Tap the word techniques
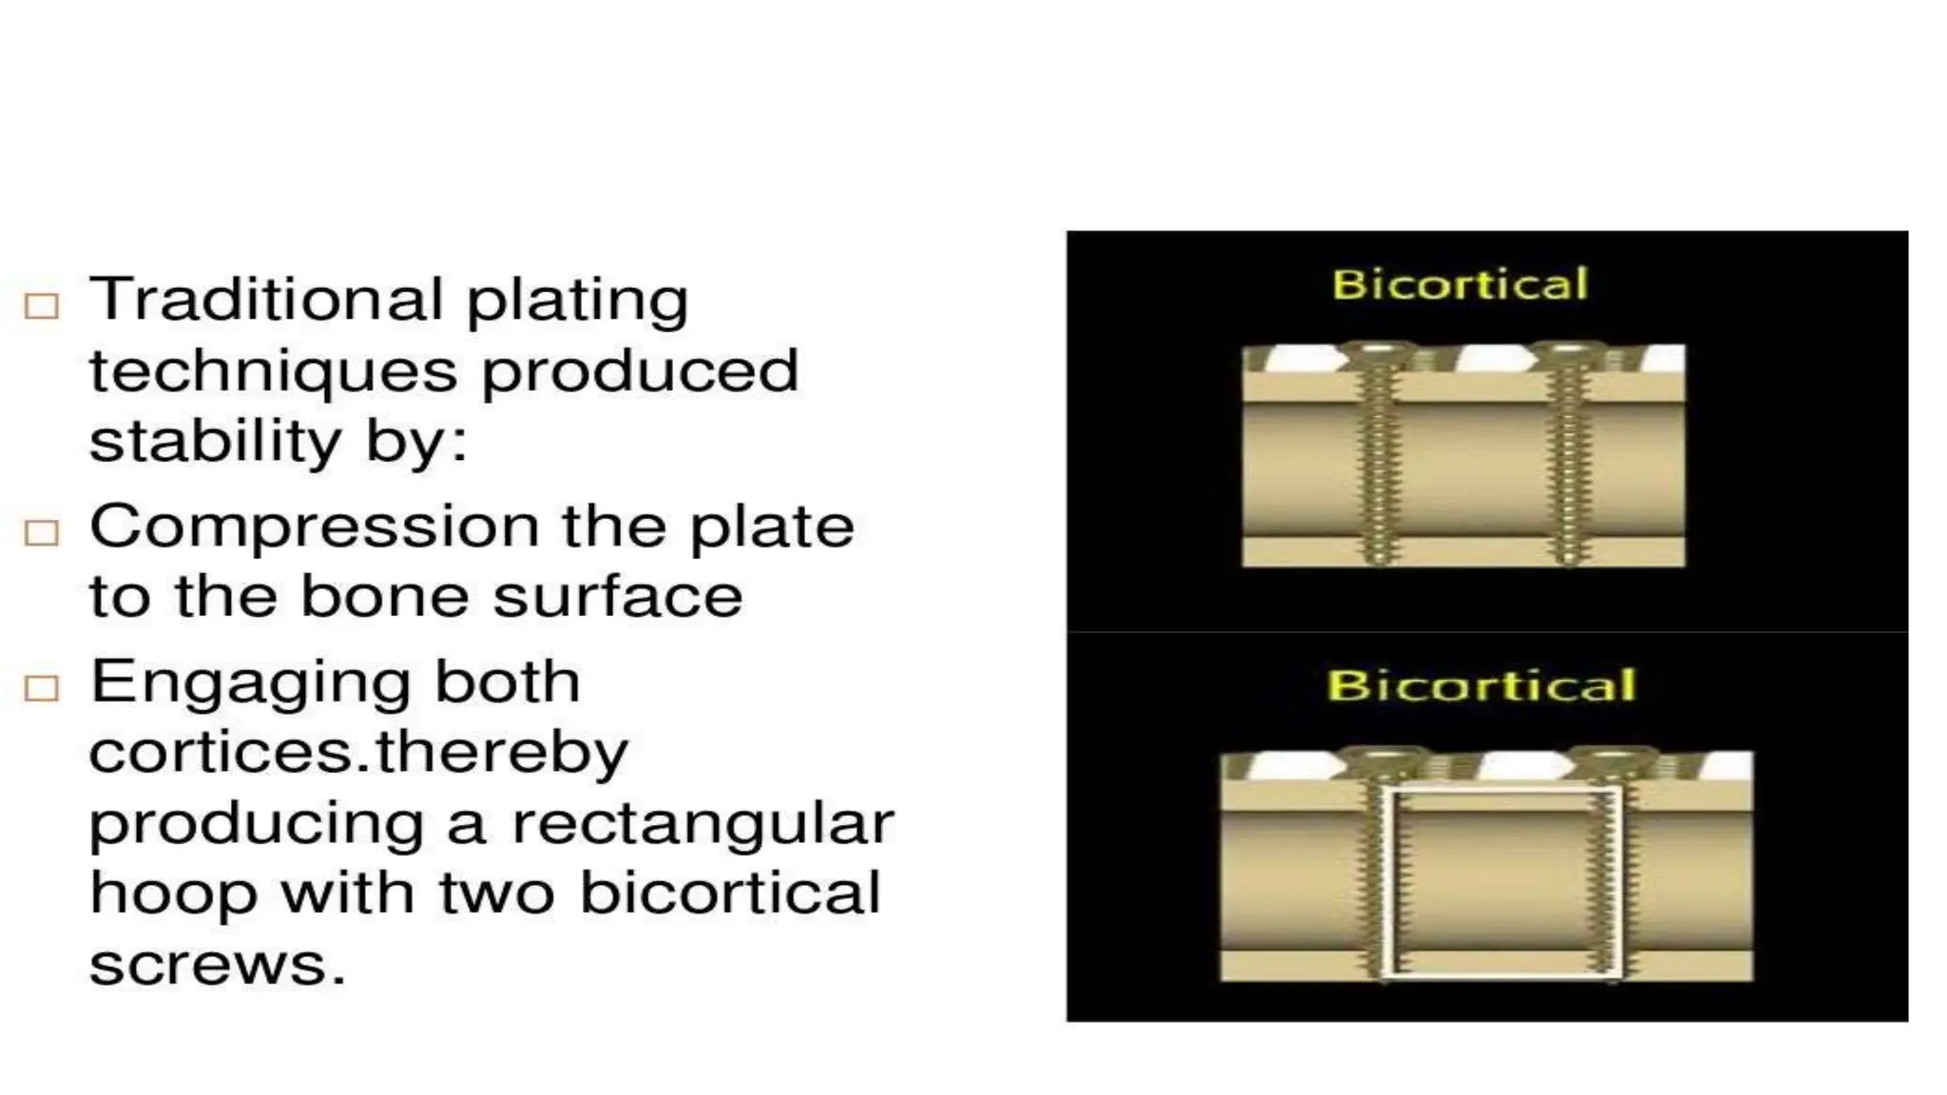[273, 371]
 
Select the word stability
[215, 441]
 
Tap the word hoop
[173, 895]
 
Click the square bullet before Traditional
[42, 306]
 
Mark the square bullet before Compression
[42, 532]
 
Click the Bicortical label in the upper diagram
[1459, 284]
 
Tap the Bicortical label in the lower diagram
[1481, 685]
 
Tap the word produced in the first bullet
[639, 371]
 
